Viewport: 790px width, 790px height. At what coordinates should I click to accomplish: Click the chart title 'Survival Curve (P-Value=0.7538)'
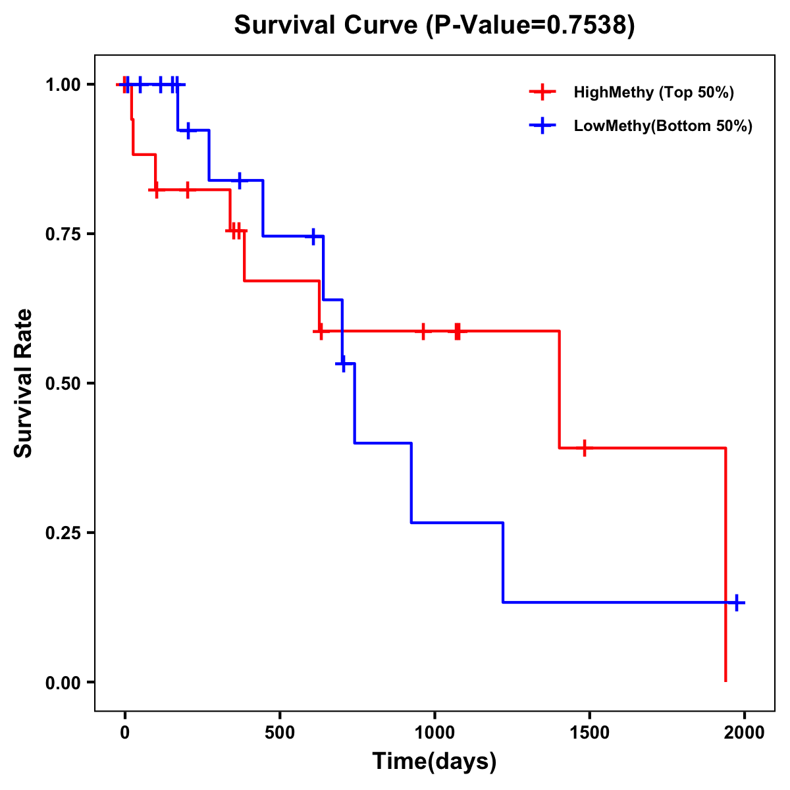click(x=434, y=26)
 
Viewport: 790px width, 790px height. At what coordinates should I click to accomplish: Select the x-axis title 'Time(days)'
click(x=434, y=761)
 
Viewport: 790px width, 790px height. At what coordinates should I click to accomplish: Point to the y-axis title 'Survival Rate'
click(x=24, y=383)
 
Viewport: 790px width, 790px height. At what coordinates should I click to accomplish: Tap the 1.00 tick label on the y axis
click(x=63, y=85)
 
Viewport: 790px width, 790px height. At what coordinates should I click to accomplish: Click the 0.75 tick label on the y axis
click(x=63, y=234)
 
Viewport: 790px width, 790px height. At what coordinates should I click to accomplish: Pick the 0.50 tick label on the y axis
click(x=63, y=384)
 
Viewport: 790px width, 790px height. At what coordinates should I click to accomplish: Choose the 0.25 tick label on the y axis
click(x=63, y=533)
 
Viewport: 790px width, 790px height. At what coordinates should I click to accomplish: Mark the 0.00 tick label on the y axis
click(x=63, y=683)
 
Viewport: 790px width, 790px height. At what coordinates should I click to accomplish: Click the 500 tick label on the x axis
click(x=280, y=733)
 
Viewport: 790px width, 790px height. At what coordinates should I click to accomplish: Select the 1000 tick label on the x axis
click(x=434, y=733)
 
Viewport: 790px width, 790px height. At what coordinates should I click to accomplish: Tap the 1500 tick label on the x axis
click(x=589, y=733)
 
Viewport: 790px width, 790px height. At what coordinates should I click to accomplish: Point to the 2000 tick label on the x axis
click(x=744, y=733)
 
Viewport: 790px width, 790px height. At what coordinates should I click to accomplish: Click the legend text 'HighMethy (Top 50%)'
click(x=654, y=92)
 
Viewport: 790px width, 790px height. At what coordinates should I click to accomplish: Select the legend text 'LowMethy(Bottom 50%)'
click(x=663, y=126)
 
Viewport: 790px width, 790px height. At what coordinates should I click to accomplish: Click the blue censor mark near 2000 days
click(x=737, y=602)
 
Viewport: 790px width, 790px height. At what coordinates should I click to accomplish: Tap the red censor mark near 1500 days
click(x=584, y=448)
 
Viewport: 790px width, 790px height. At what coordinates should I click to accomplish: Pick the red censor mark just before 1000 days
click(x=423, y=331)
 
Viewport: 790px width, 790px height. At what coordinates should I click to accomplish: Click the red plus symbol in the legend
click(x=542, y=92)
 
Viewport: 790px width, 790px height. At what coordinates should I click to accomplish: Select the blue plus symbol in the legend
click(x=542, y=126)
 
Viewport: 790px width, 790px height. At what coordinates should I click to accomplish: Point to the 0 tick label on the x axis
click(x=125, y=733)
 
